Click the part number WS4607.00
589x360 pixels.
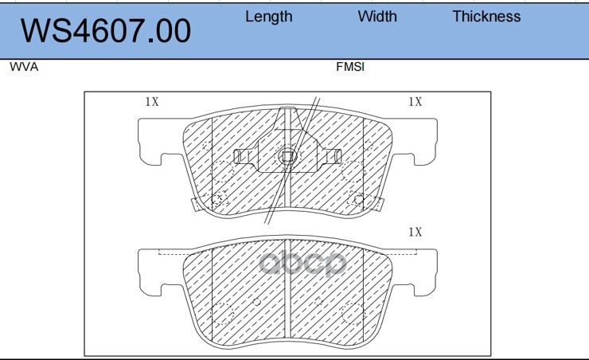[106, 31]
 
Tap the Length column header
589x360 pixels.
[268, 17]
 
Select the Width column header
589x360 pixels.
[377, 17]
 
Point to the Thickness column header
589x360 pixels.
[486, 17]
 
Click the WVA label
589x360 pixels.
[24, 67]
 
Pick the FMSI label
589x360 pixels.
[350, 67]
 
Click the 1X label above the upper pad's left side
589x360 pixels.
[152, 101]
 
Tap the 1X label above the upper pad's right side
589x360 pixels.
[415, 101]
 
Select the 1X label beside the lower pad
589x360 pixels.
[415, 232]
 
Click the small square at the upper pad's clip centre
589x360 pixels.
[287, 156]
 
